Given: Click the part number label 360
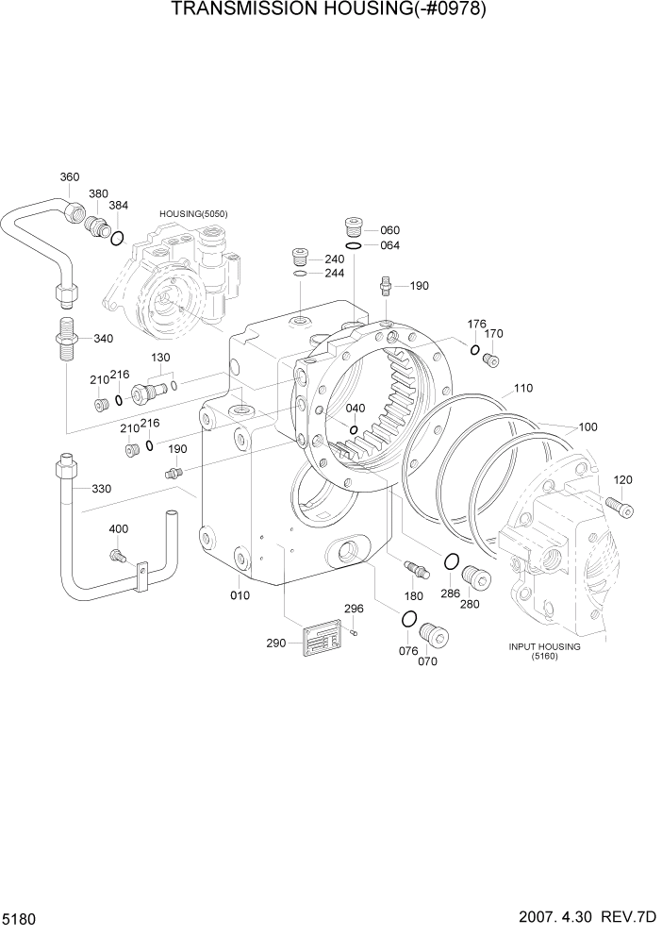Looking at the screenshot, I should (x=70, y=177).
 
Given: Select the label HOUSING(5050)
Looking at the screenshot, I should (x=193, y=215).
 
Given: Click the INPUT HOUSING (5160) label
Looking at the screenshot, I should (x=544, y=652).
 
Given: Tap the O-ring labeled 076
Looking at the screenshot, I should (x=408, y=619).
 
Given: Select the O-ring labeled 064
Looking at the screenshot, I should (x=353, y=245).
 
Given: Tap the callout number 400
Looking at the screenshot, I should (x=119, y=529).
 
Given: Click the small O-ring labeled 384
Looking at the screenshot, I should (x=117, y=238).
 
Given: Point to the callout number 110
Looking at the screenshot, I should (x=523, y=388).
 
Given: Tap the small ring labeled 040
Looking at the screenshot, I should (x=353, y=431).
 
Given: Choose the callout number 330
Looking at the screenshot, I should (x=101, y=489).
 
